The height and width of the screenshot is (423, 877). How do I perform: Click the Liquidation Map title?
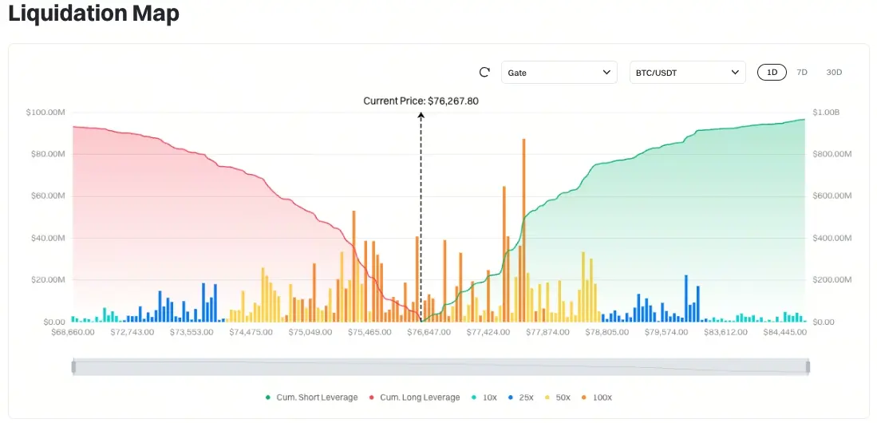93,14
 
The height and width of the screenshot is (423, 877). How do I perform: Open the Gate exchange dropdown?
559,73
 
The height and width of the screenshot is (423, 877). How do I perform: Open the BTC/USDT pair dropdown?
687,73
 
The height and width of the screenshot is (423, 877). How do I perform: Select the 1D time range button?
772,73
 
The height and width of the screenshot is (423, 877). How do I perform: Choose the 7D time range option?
802,73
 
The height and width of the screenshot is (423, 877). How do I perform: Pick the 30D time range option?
834,73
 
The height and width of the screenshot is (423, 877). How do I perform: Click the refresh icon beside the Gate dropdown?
484,73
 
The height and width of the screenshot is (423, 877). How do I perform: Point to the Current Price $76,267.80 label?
421,101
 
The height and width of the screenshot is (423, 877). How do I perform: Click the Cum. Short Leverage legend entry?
312,397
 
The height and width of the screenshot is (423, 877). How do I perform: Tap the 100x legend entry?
597,397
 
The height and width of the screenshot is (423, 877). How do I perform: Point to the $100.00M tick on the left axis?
45,113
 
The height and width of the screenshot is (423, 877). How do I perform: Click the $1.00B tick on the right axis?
826,113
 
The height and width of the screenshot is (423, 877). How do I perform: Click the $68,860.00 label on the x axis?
73,332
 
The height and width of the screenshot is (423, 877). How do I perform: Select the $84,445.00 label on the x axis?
785,332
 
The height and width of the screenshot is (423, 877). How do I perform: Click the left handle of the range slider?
73,367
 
